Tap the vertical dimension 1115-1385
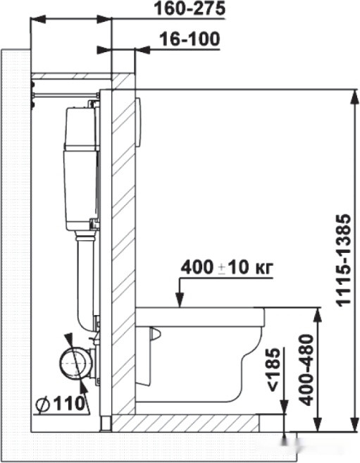tap(343, 261)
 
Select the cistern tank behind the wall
tap(79, 169)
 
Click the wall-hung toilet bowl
tap(197, 352)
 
